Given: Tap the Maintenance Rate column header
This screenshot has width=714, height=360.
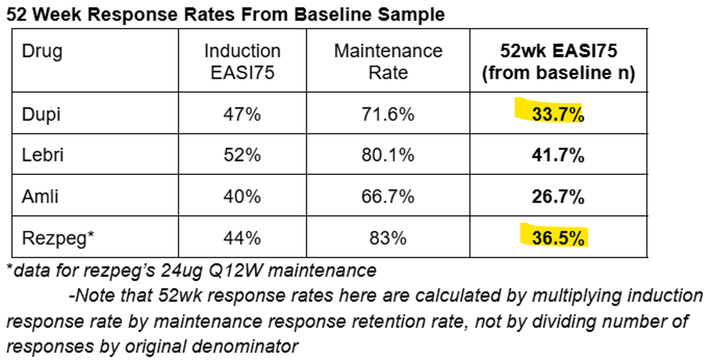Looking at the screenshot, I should (388, 61).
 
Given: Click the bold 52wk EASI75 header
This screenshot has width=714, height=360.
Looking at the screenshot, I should (558, 61).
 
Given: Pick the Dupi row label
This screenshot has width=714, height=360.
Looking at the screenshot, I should (42, 114).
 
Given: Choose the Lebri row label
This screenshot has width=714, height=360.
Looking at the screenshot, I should (43, 155).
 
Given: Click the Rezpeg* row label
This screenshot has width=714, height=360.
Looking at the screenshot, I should (58, 238).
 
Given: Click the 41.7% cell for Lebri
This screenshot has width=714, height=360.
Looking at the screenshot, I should (558, 155).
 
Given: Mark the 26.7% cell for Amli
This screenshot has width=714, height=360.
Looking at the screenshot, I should (558, 196).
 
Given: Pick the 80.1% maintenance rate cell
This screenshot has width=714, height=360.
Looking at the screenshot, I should (387, 155).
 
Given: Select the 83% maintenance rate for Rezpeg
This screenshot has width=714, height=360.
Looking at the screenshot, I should (387, 238).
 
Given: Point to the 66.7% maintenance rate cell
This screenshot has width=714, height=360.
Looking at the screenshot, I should (387, 196).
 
